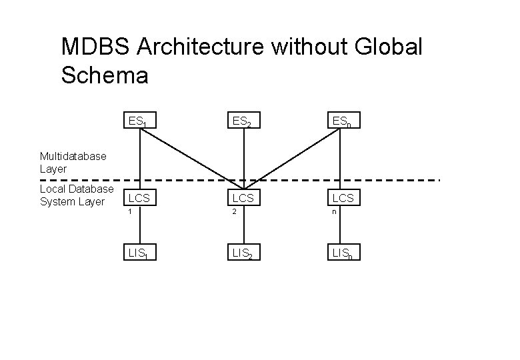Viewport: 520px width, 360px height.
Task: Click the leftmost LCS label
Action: tap(139, 198)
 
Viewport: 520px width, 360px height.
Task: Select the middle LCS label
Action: tap(243, 198)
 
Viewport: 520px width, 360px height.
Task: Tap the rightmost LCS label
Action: tap(343, 198)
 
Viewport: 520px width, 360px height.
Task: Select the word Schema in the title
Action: tap(105, 75)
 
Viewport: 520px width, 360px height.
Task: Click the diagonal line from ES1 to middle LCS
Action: tap(190, 156)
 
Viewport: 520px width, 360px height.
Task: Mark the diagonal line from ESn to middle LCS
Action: tap(293, 156)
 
